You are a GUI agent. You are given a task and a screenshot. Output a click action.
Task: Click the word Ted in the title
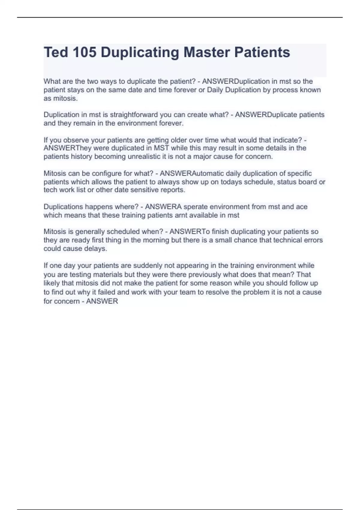point(56,52)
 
